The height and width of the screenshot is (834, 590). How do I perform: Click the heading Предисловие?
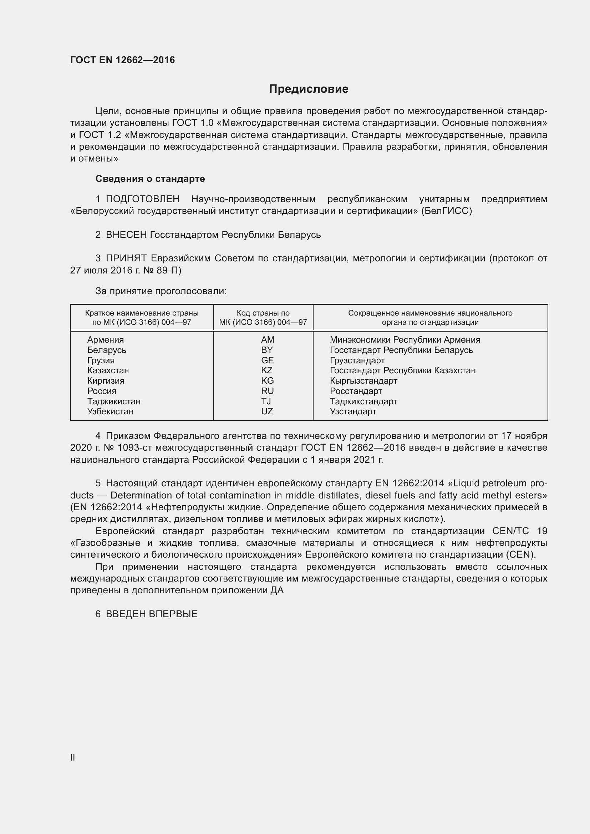pyautogui.click(x=309, y=89)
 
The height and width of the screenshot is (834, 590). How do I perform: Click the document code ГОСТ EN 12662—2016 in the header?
pyautogui.click(x=122, y=60)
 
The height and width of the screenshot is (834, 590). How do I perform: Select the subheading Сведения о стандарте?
pyautogui.click(x=150, y=179)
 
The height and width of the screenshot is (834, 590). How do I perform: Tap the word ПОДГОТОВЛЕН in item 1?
pyautogui.click(x=142, y=199)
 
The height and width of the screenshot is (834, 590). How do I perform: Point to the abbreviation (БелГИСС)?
pyautogui.click(x=447, y=211)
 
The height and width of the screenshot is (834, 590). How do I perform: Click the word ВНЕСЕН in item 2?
pyautogui.click(x=126, y=235)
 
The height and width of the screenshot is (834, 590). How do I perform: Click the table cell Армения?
pyautogui.click(x=105, y=340)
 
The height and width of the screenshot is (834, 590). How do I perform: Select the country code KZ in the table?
pyautogui.click(x=267, y=370)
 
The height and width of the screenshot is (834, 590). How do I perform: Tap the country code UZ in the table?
pyautogui.click(x=267, y=411)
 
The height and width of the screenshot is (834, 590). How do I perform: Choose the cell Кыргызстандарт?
pyautogui.click(x=363, y=381)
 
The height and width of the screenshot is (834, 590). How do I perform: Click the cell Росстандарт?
pyautogui.click(x=356, y=391)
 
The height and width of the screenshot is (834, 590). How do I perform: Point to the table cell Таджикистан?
pyautogui.click(x=114, y=401)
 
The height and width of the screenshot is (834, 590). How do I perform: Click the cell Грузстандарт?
pyautogui.click(x=357, y=360)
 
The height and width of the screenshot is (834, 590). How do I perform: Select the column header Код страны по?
pyautogui.click(x=263, y=313)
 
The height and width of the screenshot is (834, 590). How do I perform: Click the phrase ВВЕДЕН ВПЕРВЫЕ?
pyautogui.click(x=152, y=614)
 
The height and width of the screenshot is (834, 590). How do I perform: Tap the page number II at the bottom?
pyautogui.click(x=73, y=757)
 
